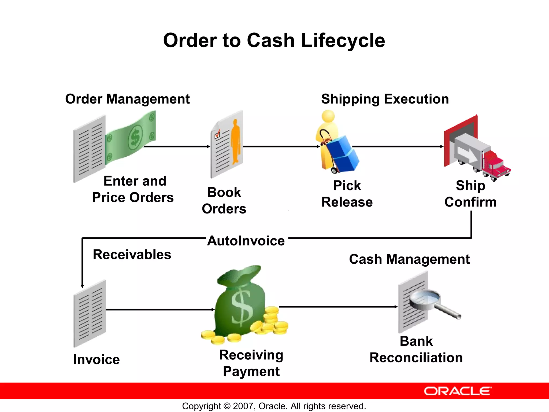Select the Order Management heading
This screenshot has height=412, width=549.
pos(127,99)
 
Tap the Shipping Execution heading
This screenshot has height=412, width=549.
pos(385,99)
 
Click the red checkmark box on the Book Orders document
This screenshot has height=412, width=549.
pos(217,134)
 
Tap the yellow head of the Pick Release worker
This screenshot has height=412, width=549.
pos(328,116)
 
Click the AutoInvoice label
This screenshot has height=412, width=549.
pos(246,241)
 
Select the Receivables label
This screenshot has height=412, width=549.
pos(132,254)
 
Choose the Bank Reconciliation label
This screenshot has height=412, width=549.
pos(416,350)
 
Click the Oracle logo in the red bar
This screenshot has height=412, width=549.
pos(458,391)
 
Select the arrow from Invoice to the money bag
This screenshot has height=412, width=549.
pos(160,310)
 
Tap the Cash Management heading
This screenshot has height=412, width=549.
pos(409,259)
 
